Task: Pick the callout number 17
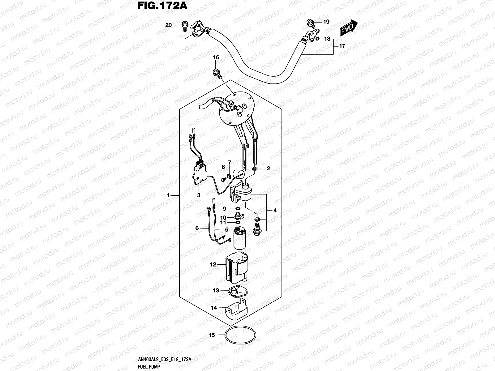point(342,46)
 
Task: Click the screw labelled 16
point(217,73)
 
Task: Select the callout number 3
point(199,195)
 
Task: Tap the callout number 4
point(275,211)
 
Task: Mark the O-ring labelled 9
point(237,209)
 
